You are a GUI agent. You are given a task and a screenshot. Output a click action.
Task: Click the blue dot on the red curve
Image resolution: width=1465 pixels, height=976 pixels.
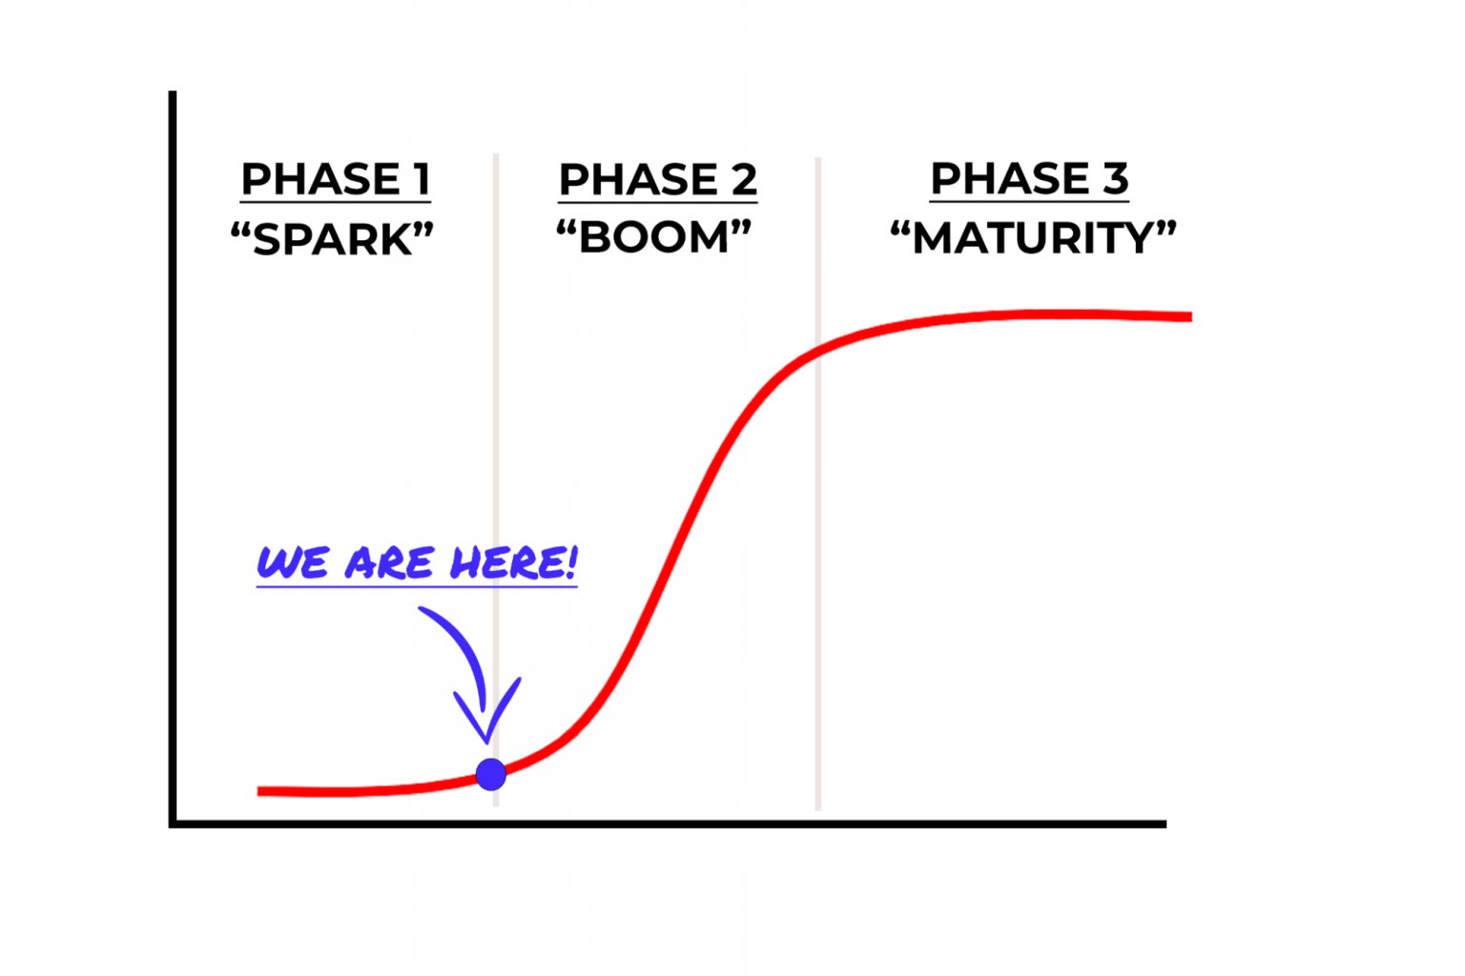point(490,775)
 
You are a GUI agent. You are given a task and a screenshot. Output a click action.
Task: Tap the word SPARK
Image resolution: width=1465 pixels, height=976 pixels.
point(333,239)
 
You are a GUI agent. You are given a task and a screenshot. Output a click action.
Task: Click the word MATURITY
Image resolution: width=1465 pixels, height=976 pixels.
point(1033,238)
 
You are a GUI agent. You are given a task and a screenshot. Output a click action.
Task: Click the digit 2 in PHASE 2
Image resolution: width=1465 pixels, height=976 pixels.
point(744,179)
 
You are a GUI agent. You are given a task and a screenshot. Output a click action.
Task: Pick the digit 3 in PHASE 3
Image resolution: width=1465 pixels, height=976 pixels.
point(1116,178)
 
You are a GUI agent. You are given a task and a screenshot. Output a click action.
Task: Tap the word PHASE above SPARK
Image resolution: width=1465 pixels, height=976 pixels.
point(320,178)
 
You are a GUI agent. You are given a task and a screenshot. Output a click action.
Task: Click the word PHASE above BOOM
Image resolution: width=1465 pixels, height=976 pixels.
point(638,179)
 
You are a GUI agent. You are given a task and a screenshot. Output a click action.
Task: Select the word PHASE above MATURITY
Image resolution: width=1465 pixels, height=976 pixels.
point(1010,178)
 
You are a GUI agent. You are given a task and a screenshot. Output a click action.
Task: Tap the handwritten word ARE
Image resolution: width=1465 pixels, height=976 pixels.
point(389,563)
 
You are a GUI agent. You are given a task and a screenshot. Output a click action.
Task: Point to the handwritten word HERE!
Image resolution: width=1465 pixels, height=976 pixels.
point(514,562)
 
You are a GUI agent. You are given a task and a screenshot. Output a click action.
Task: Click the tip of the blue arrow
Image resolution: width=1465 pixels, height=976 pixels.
point(487,742)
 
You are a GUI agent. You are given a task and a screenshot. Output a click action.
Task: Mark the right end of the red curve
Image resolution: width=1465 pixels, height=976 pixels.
point(1191,317)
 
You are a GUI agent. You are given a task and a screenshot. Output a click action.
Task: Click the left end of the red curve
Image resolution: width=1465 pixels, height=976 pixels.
point(258,792)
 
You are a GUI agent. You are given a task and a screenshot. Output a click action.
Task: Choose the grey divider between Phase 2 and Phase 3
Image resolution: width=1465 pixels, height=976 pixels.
point(818,484)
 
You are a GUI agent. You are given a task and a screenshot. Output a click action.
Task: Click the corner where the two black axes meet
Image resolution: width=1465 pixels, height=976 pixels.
point(173,824)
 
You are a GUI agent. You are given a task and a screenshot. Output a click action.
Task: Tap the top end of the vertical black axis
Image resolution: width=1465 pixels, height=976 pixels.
point(173,91)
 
